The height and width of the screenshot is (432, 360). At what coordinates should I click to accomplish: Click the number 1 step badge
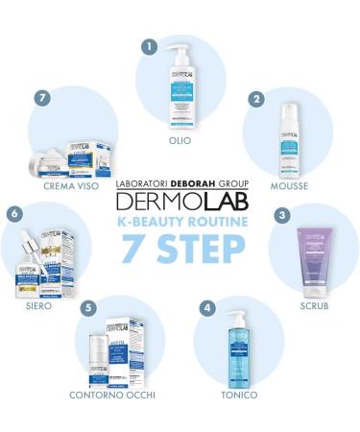click(x=148, y=45)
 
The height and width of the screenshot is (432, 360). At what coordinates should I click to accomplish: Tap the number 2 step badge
click(x=255, y=99)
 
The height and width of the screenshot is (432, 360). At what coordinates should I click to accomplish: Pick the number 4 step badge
click(x=206, y=308)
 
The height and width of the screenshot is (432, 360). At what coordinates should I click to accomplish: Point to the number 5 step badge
click(x=89, y=308)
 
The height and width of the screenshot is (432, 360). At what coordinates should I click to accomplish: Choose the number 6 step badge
click(x=14, y=214)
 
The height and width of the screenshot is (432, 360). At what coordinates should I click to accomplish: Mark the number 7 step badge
click(x=40, y=99)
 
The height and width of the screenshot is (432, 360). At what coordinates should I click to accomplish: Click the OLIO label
click(x=180, y=140)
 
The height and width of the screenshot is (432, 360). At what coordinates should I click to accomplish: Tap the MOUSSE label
click(x=290, y=186)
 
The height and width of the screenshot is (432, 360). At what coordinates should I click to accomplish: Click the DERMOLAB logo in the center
click(x=180, y=200)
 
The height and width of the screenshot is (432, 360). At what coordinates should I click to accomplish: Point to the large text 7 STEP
click(x=180, y=247)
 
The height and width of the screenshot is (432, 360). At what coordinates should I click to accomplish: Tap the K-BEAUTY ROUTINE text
click(x=180, y=222)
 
